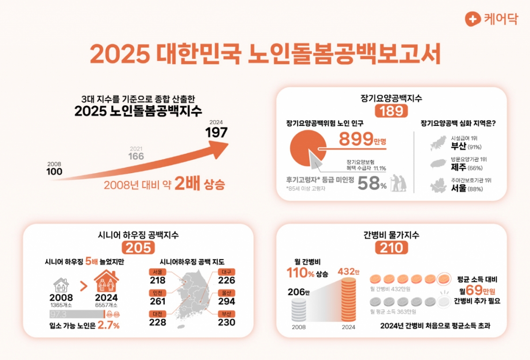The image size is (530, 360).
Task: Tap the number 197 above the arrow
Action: click(x=216, y=133)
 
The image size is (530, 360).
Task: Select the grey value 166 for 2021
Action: click(x=136, y=156)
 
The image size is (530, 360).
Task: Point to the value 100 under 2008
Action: click(x=54, y=171)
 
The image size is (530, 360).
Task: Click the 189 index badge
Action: click(x=391, y=111)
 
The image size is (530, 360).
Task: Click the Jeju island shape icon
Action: click(x=439, y=164)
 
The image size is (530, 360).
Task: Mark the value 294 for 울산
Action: click(x=227, y=302)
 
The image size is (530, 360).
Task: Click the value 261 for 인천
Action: click(x=157, y=302)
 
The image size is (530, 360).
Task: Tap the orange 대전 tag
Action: click(x=157, y=313)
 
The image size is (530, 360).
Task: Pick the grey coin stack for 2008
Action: click(x=299, y=309)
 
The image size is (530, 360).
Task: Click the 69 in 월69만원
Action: click(x=471, y=291)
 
